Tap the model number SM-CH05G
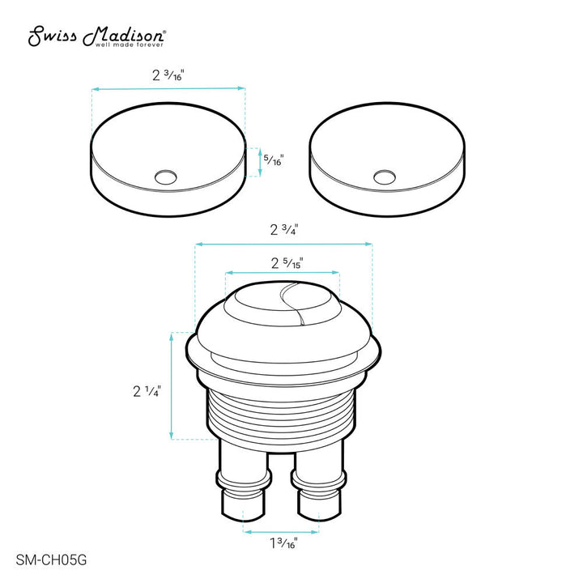[51, 558]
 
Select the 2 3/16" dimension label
[168, 74]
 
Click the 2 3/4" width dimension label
[283, 229]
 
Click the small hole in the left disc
[166, 174]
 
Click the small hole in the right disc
[386, 174]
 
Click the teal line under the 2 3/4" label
[283, 242]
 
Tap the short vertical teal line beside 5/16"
[260, 161]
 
